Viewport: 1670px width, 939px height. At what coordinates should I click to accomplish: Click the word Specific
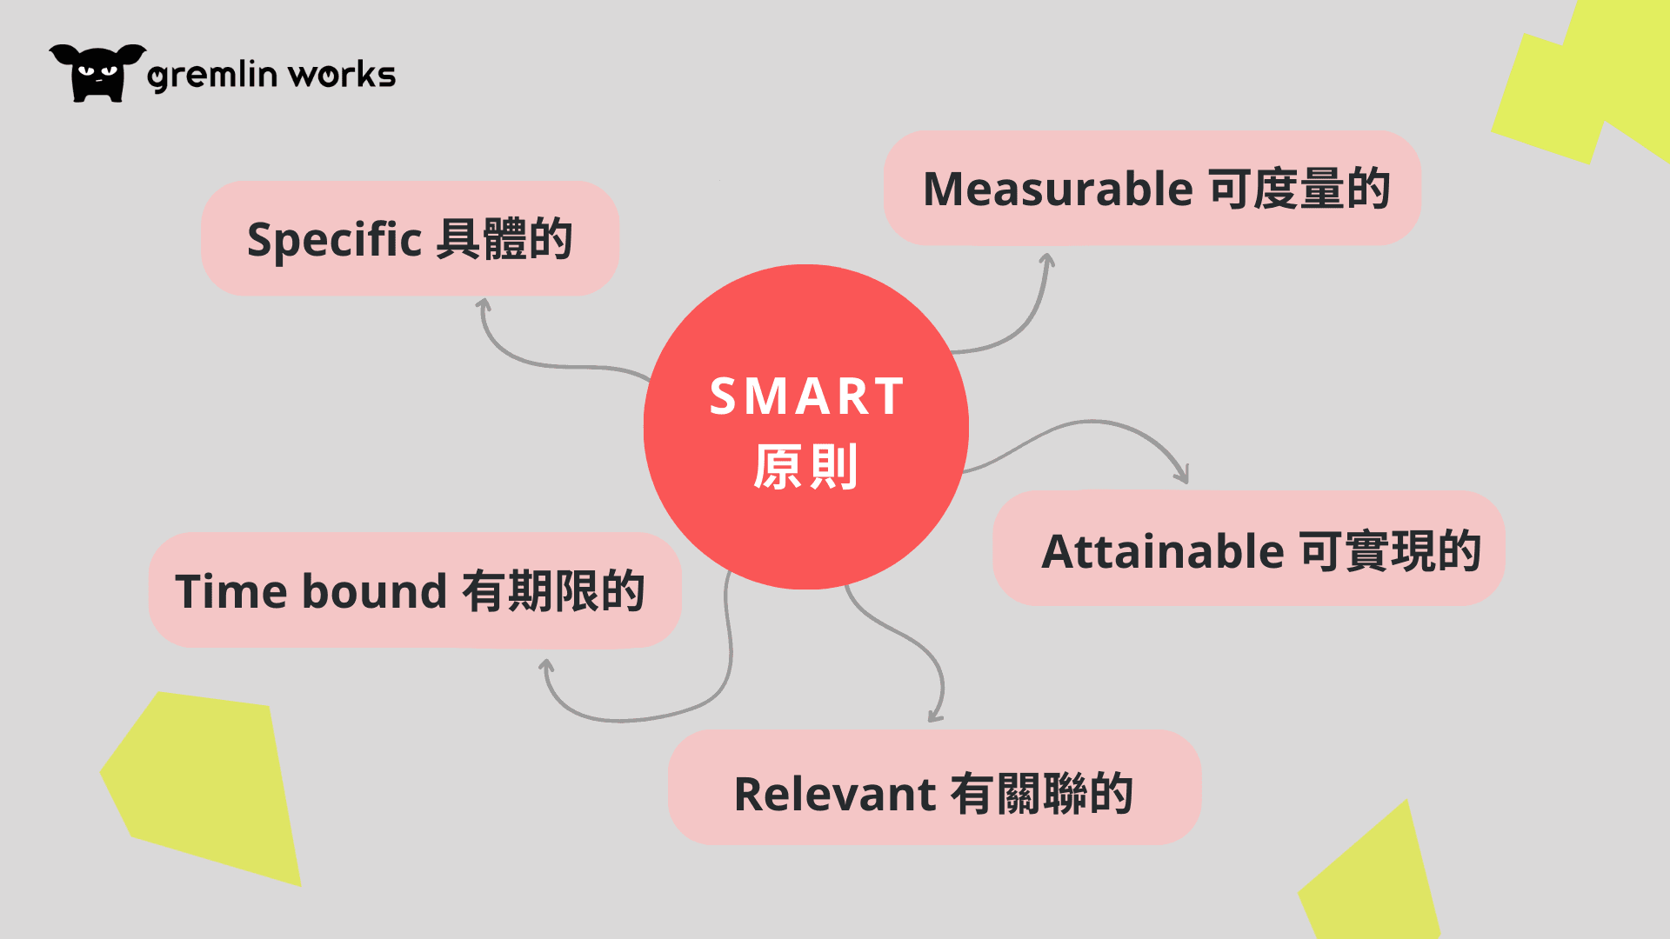click(335, 240)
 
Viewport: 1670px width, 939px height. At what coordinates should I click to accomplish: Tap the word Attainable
click(1163, 551)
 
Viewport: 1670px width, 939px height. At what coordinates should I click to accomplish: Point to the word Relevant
click(835, 794)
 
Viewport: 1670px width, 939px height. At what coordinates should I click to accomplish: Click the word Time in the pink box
click(231, 591)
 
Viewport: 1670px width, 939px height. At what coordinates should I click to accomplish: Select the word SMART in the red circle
click(807, 396)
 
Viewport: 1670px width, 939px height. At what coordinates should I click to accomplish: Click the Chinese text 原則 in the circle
click(806, 467)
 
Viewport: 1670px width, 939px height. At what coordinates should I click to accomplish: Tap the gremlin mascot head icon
click(97, 73)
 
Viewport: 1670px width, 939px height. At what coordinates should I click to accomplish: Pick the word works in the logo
click(342, 75)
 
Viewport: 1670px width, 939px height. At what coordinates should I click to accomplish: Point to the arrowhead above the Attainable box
click(1182, 474)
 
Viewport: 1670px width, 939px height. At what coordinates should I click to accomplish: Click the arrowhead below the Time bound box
click(546, 666)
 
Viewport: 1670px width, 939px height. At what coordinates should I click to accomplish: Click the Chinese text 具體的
click(504, 239)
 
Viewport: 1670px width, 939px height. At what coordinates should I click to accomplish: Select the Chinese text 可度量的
click(1300, 189)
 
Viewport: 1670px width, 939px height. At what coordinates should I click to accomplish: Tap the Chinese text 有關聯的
click(1042, 794)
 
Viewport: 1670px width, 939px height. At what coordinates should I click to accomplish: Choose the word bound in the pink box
click(375, 591)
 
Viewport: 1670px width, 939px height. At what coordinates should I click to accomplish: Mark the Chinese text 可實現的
click(1391, 551)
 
